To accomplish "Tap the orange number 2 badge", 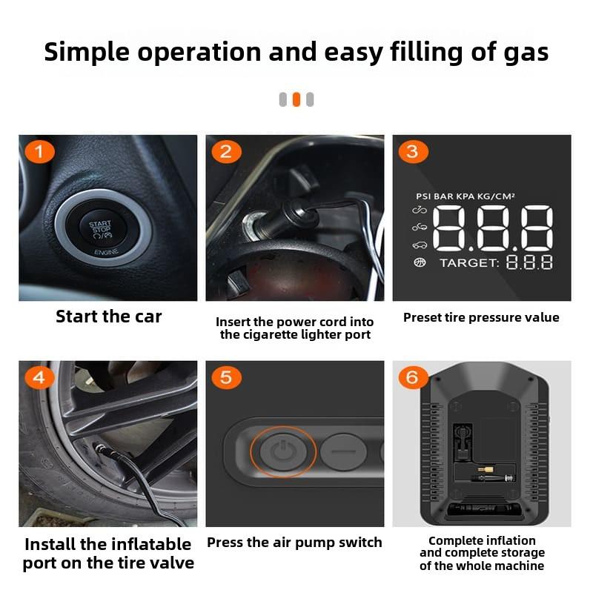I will (x=226, y=153).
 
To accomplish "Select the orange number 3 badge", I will (x=413, y=153).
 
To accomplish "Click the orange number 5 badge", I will (x=226, y=378).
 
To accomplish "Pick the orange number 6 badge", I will (x=413, y=378).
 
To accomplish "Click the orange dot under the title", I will (x=296, y=99).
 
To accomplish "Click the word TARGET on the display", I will (x=468, y=263).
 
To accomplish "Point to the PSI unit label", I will (x=423, y=196).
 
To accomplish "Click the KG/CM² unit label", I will (x=494, y=196).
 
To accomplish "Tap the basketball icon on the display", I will (x=420, y=262).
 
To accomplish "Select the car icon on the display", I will (x=420, y=245).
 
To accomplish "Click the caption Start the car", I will (x=108, y=317).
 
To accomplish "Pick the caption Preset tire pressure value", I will (x=481, y=318).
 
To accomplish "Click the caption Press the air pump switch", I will (x=294, y=543).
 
